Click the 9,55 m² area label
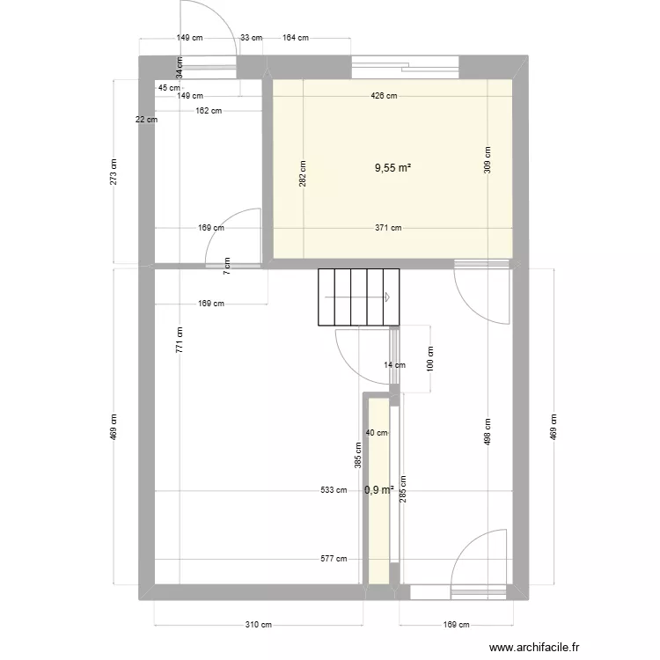[x=392, y=168]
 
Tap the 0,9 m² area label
[x=378, y=490]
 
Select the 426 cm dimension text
[x=384, y=96]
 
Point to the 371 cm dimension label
[x=388, y=228]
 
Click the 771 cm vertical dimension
[x=180, y=340]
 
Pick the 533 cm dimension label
[x=334, y=490]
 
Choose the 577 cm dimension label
[x=334, y=559]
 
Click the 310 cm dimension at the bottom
[x=259, y=625]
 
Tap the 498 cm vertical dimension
[x=488, y=431]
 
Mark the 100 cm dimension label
[x=430, y=359]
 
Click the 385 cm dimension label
[x=358, y=456]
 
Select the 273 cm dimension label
[x=114, y=172]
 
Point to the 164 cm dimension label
[x=296, y=38]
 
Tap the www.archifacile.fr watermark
[x=534, y=647]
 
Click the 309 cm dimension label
[x=488, y=160]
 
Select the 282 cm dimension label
[x=303, y=174]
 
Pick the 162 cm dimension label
[x=209, y=111]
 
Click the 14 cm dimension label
[x=395, y=365]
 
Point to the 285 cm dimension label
[x=403, y=489]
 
